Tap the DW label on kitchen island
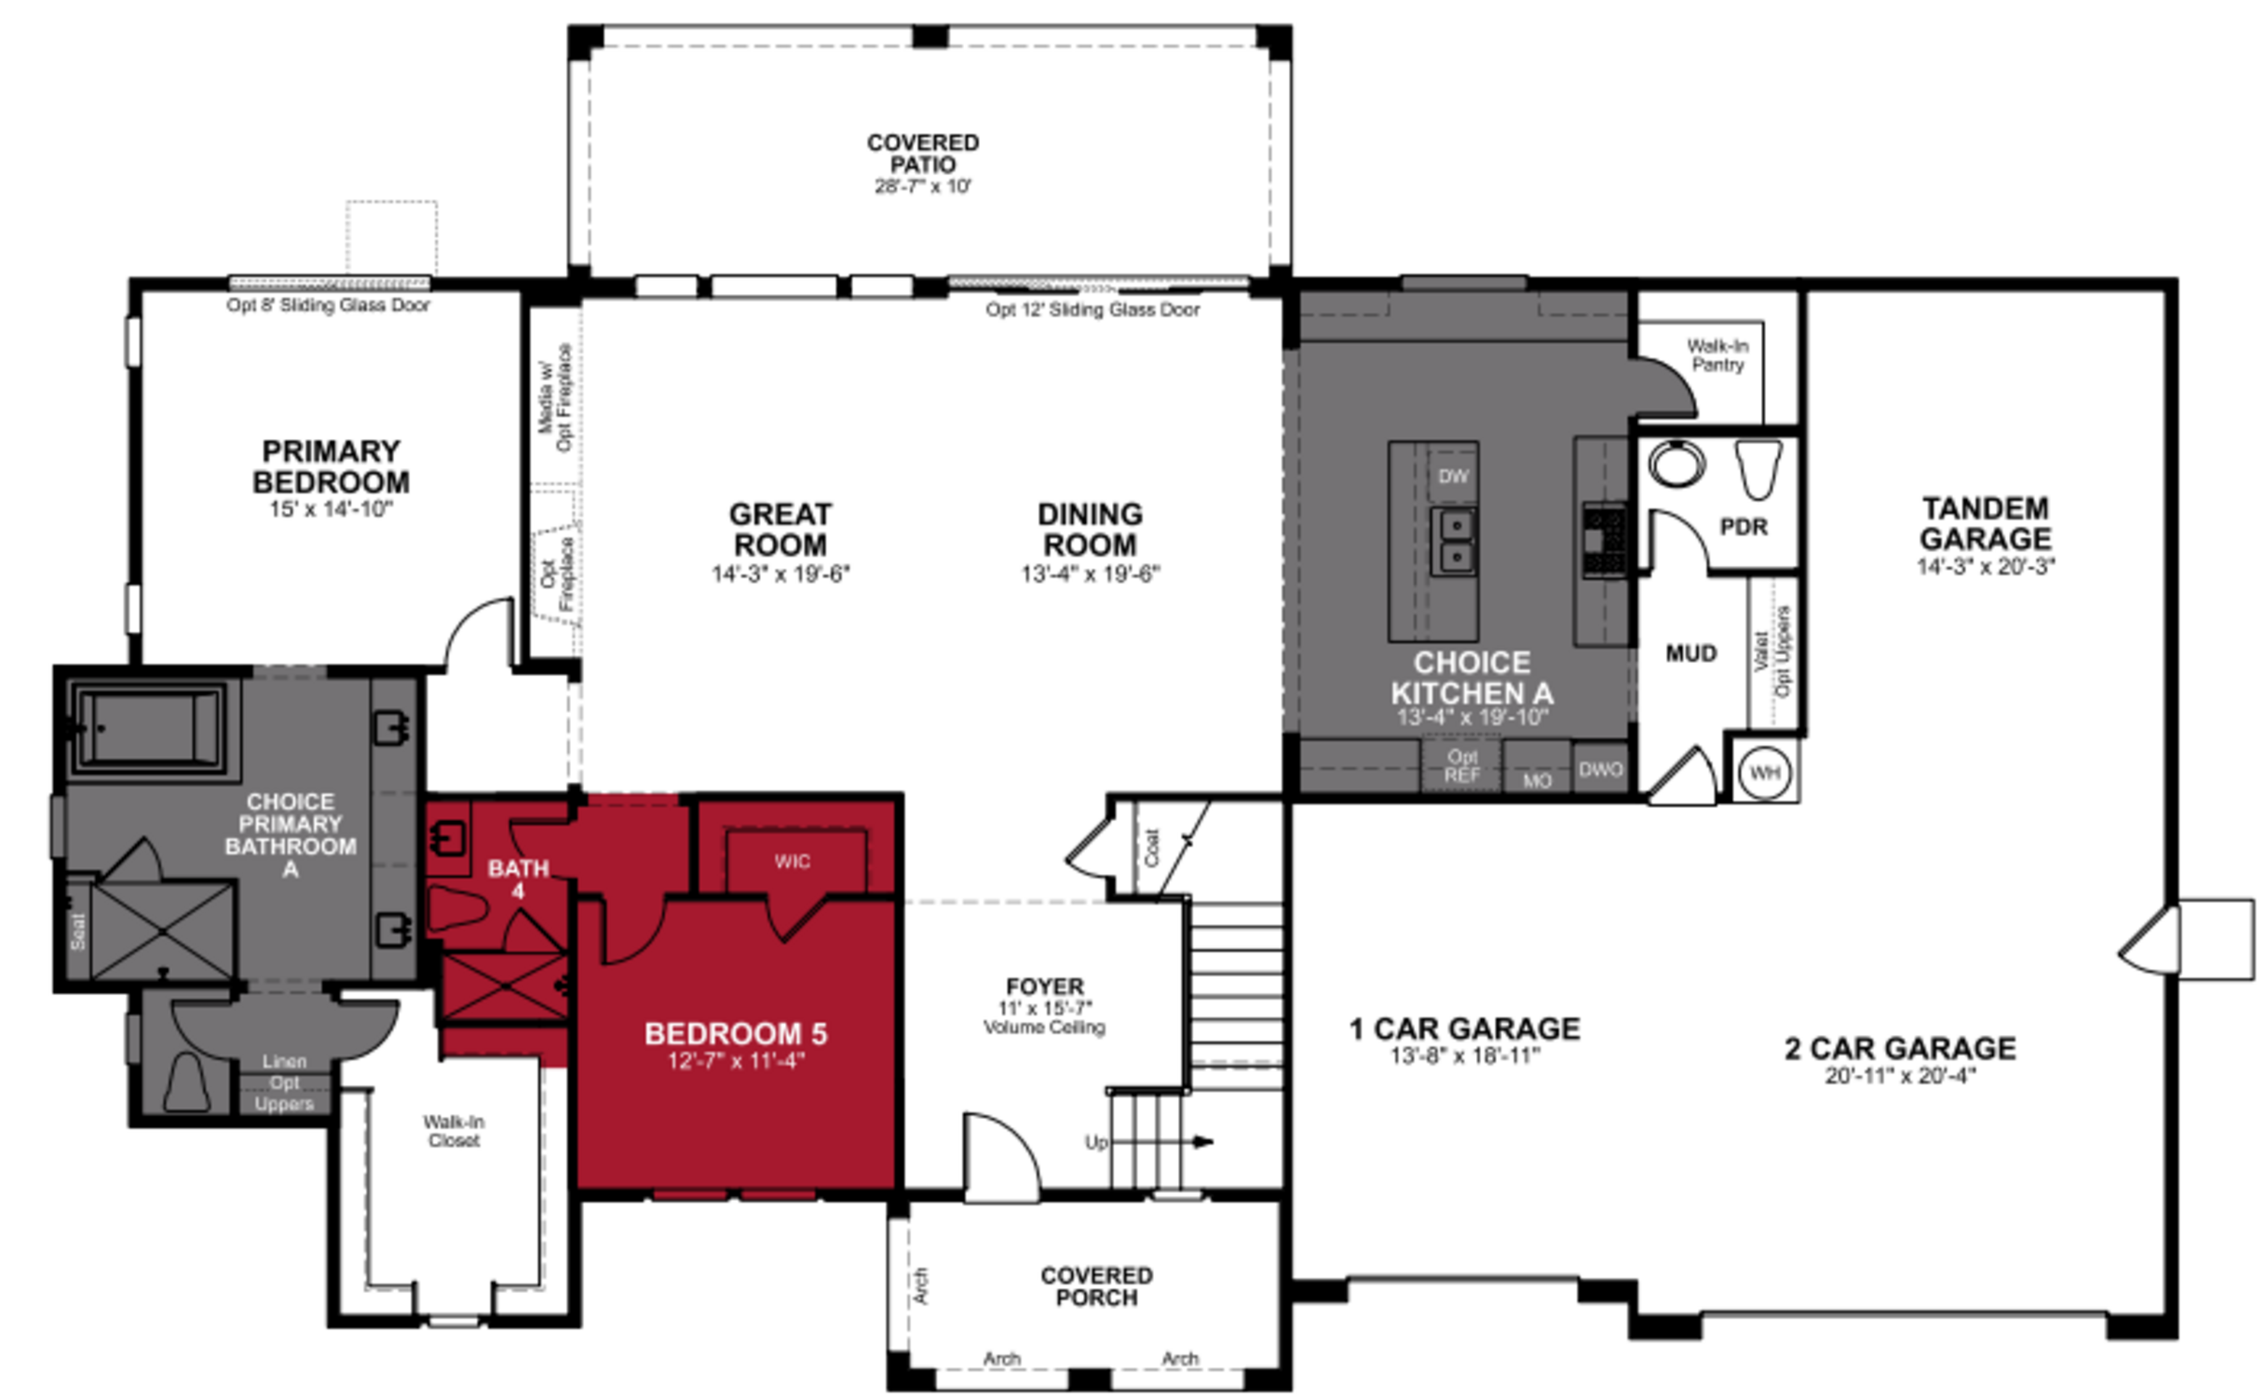1452,476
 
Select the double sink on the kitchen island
1454,541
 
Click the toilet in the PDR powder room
1757,468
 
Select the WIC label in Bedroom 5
792,861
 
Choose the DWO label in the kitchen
1600,769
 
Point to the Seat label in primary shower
78,930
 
